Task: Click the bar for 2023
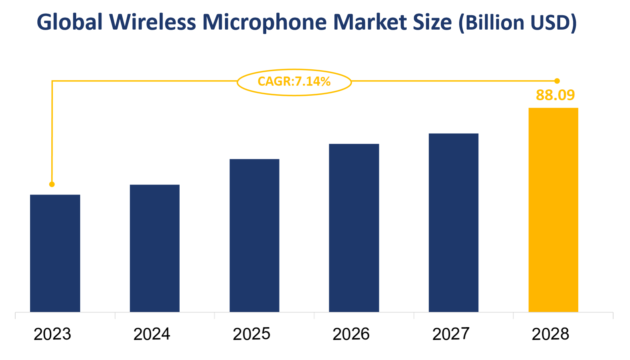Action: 55,253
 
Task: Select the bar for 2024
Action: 154,248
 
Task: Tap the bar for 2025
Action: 254,235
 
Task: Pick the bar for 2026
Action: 354,228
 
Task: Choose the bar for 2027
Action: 453,222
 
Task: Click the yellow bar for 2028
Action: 553,210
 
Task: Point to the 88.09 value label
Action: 555,95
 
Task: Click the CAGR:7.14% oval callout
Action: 294,82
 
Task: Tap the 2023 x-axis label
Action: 52,334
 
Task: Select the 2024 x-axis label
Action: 152,334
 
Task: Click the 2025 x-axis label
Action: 251,334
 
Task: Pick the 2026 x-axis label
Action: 351,334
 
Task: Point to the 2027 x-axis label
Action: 450,334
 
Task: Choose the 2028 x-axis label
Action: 550,334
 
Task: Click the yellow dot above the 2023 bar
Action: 52,184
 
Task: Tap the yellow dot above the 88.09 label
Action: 557,81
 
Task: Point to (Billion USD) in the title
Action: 517,22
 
